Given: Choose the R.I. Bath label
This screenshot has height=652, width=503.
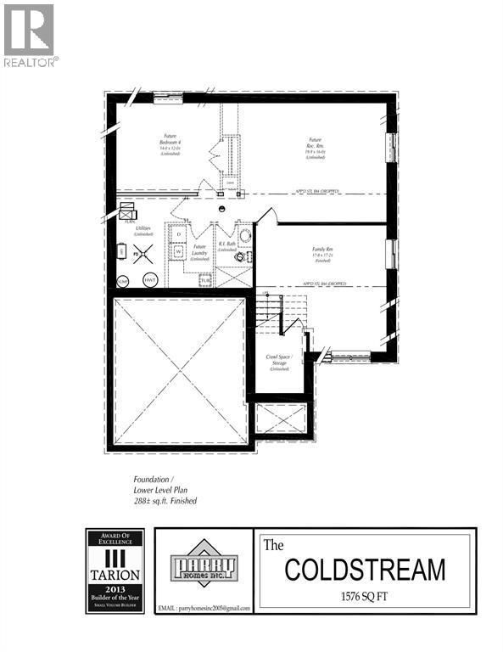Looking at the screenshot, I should click(x=226, y=246).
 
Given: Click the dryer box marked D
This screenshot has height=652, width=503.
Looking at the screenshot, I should click(x=178, y=233).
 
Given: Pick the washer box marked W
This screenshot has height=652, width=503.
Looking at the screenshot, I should click(x=178, y=252).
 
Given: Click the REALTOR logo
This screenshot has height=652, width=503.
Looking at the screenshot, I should click(x=29, y=35).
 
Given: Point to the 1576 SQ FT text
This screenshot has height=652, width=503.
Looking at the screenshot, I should click(x=365, y=596).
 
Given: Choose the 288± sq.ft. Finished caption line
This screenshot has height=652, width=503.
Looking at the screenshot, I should click(x=165, y=501).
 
